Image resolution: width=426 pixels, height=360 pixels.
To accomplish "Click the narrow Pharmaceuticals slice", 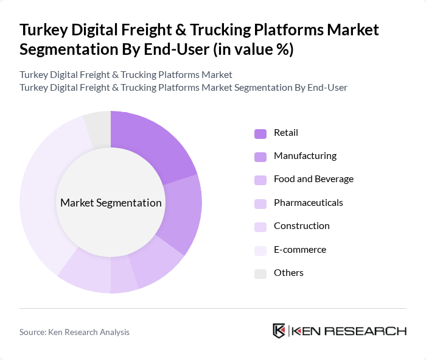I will click(x=124, y=279).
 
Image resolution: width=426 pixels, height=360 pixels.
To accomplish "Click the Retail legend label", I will click(x=285, y=133).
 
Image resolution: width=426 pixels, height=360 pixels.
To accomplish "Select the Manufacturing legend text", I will click(x=304, y=156).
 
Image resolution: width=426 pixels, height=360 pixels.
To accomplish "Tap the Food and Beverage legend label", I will click(x=313, y=179).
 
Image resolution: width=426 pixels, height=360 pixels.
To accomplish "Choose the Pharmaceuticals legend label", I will click(x=308, y=202).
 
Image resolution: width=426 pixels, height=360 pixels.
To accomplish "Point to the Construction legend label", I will click(x=301, y=226).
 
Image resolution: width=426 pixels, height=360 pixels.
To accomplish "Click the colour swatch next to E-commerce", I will click(x=260, y=250).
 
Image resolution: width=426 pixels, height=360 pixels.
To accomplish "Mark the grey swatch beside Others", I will click(x=260, y=274).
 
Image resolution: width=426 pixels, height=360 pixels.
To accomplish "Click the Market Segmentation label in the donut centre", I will click(x=111, y=203).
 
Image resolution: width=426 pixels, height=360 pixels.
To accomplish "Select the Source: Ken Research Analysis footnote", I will click(x=74, y=332).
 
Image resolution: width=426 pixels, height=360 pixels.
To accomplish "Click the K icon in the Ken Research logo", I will click(x=279, y=331).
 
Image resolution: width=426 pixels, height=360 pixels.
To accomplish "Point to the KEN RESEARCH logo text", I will click(x=349, y=331).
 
